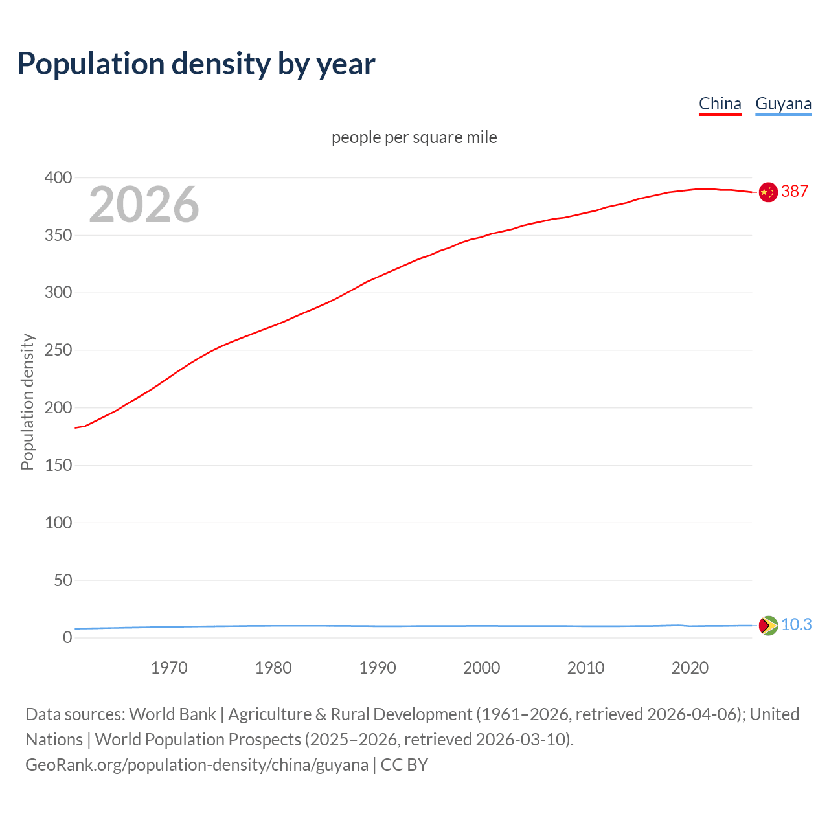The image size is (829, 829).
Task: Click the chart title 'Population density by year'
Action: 196,64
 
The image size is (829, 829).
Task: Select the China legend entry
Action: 720,104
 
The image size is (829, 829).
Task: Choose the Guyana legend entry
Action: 783,104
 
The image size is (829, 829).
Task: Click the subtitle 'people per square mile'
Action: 414,137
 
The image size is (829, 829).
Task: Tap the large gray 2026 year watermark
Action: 144,205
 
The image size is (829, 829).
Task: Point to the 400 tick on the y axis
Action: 58,177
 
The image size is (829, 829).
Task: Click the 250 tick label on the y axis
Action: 58,350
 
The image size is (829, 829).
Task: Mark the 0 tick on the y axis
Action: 67,638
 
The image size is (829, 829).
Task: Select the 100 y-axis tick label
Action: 58,523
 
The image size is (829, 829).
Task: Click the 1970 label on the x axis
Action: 169,668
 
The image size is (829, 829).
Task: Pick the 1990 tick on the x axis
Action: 378,668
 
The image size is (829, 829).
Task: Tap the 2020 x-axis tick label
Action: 690,668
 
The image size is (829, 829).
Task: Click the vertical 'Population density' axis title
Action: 27,402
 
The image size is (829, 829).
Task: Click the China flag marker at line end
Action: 768,192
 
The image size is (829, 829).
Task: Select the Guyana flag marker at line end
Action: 768,626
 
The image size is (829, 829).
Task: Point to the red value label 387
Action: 795,191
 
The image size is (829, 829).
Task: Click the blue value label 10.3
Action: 796,624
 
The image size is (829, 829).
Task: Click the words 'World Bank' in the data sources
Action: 172,714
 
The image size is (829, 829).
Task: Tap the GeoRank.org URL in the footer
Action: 197,765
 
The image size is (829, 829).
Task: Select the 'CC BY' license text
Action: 404,765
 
